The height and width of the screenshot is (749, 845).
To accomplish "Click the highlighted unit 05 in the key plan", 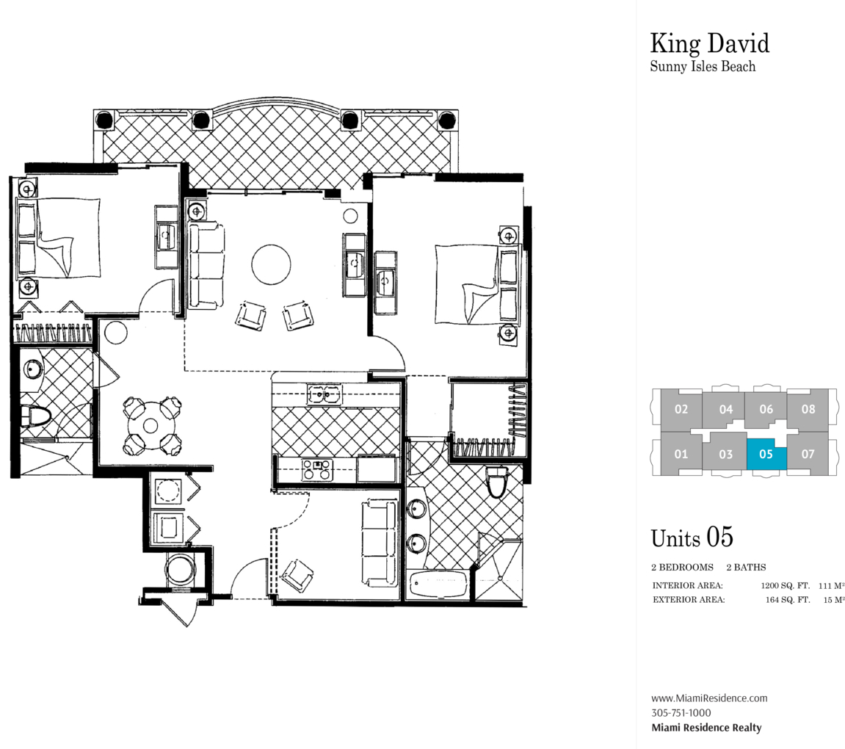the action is pos(766,454).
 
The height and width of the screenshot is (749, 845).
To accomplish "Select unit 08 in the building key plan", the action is pos(808,410).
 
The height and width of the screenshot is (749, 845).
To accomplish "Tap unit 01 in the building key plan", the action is pos(681,454).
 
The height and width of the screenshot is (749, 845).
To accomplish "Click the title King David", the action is pos(710,43).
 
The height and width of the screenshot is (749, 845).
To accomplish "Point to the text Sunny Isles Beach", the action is pos(703,66).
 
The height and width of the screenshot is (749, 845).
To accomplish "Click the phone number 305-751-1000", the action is pos(681,712).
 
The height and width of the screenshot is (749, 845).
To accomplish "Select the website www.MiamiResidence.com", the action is pos(709,698).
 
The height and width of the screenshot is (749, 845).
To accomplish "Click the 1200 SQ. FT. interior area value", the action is pos(786,585).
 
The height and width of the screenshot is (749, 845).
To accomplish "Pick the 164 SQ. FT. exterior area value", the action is pos(788,600).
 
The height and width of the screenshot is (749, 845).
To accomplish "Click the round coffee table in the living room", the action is pos(271,264).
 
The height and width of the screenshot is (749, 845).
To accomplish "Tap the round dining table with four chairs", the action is pos(151,426).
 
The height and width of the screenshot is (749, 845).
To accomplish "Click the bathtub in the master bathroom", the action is pos(438,584).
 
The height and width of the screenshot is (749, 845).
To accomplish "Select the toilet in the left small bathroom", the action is pos(35,416).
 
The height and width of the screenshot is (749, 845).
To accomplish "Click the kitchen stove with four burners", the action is pos(317,468).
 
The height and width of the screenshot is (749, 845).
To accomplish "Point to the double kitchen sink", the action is pos(324,394).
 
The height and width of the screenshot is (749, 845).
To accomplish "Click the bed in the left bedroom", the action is pos(59,238).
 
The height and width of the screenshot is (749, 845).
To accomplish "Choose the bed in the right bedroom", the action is pos(478,284).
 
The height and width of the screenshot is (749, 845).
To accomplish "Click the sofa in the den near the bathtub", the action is pos(380,543).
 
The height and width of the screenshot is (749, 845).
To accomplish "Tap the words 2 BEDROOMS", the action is pos(682,567).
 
